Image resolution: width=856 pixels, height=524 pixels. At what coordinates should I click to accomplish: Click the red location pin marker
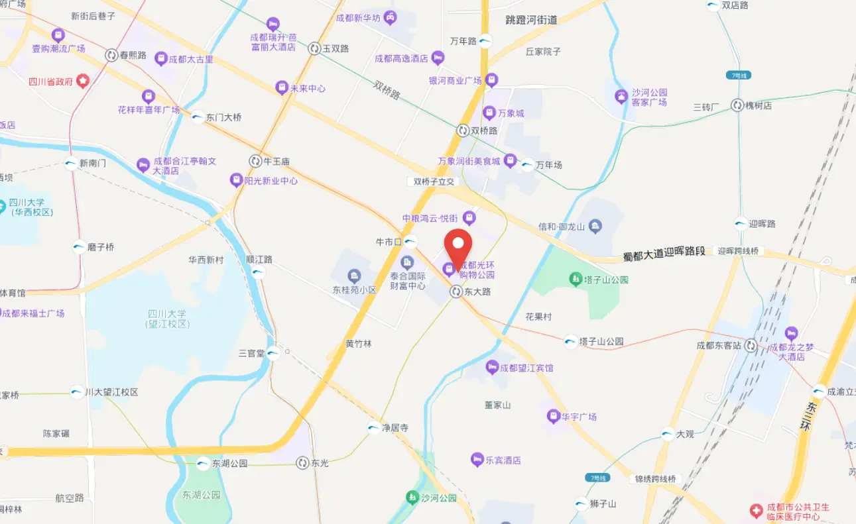pos(458,245)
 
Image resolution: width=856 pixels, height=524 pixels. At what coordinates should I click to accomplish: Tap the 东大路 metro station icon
pos(456,291)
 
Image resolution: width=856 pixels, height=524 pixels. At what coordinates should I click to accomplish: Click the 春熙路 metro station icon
pos(111,55)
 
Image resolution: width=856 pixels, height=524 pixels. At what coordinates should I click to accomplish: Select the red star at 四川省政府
pos(82,81)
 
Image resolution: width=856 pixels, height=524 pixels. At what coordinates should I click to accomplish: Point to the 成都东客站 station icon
pos(751,345)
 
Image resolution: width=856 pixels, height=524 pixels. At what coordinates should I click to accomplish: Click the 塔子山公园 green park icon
pos(575,280)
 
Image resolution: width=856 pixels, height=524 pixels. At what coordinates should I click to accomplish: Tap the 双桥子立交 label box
pos(432,182)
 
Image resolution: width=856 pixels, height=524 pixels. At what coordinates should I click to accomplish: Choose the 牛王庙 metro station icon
pos(255,161)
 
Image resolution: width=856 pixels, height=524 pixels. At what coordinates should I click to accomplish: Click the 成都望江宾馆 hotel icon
pos(491,367)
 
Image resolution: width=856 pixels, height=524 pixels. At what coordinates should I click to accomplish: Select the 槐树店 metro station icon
pos(737,105)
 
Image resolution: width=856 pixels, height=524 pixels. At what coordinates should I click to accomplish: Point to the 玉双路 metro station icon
pos(314,48)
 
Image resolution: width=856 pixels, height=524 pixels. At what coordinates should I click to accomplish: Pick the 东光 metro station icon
pos(303,463)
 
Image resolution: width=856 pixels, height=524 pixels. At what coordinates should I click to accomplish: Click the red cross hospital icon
pos(755,511)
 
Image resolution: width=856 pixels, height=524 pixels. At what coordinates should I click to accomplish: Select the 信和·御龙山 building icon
pos(595,227)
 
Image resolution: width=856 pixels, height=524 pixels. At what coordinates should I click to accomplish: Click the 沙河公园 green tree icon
pos(412,497)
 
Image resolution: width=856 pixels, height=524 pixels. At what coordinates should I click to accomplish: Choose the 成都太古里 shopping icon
pos(160,59)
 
